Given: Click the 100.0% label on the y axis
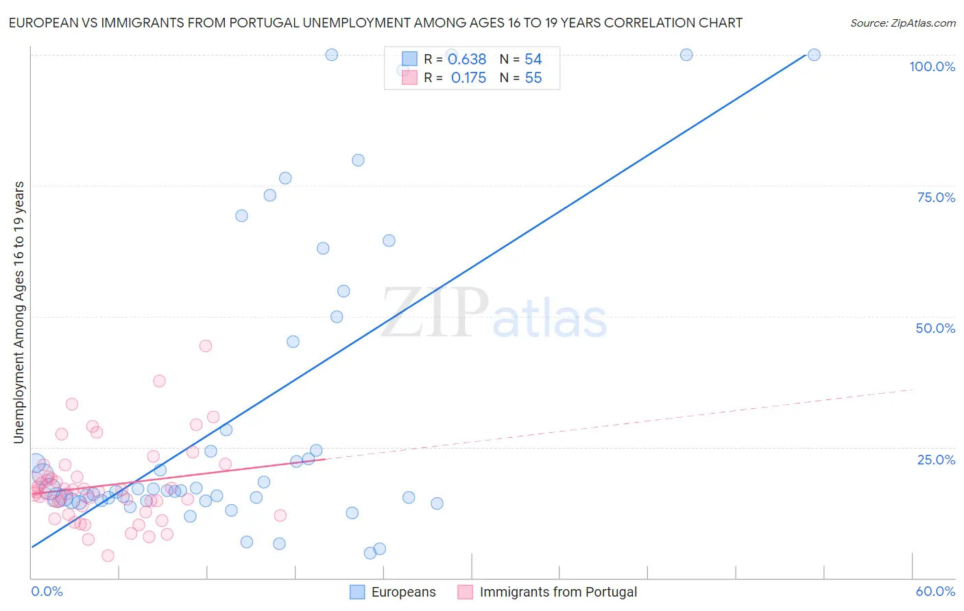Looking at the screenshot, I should coord(932,66).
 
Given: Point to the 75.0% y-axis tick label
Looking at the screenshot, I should coord(936,197).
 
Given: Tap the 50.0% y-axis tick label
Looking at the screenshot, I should coord(935,328).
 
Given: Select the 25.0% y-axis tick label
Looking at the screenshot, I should coord(936,460).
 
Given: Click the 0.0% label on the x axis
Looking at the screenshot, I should coord(47,591).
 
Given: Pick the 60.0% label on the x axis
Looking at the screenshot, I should coord(935,591).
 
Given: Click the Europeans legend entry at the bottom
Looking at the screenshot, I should coord(393,592).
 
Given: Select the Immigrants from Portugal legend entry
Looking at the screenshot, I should coord(548,592).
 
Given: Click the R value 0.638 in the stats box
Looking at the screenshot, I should coord(467,60).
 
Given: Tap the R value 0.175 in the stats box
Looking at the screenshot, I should coord(468,78).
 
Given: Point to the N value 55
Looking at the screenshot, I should coord(533,78).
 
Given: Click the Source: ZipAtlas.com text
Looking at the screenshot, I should coord(902,23).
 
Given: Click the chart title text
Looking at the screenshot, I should coord(376,23).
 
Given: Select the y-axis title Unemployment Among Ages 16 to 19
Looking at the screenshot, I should coord(19,312).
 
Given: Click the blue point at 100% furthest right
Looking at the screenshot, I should coord(814,55).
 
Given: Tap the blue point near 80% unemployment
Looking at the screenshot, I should coord(358,160).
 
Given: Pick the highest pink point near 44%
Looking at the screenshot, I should coord(206,346).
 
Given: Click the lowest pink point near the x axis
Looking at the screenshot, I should coord(108,556).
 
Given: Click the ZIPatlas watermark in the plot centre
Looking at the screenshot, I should coord(494,313).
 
